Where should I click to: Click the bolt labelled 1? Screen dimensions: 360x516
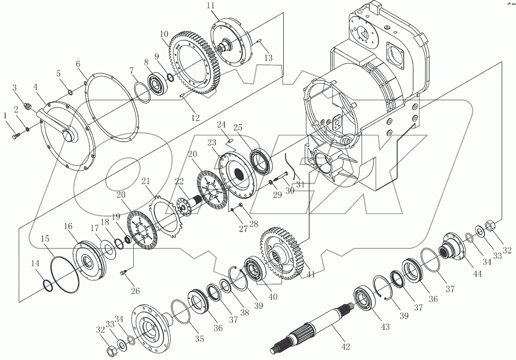pos(15,136)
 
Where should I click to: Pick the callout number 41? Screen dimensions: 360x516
pos(310,274)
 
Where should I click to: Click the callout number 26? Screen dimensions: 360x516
pos(135,291)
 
